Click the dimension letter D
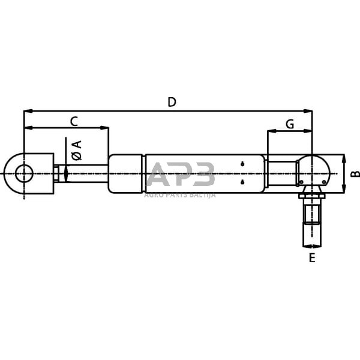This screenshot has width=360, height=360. tap(172, 102)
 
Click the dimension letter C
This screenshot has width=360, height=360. tap(74, 121)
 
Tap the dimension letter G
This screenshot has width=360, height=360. tap(289, 124)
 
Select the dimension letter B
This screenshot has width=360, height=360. tap(355, 175)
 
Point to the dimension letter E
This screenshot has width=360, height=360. tap(311, 259)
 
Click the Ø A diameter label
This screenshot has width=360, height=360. tap(76, 150)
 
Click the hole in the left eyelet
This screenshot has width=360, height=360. tap(24, 174)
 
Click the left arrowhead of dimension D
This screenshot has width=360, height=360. tap(26, 111)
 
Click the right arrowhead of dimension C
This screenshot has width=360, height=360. tap(106, 127)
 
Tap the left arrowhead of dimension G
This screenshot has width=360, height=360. tap(270, 131)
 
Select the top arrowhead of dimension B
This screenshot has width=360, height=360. tap(344, 158)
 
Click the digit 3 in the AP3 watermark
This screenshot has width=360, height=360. tap(202, 176)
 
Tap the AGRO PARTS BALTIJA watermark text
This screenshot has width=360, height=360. tap(179, 194)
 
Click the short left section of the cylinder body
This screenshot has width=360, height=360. tap(125, 174)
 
